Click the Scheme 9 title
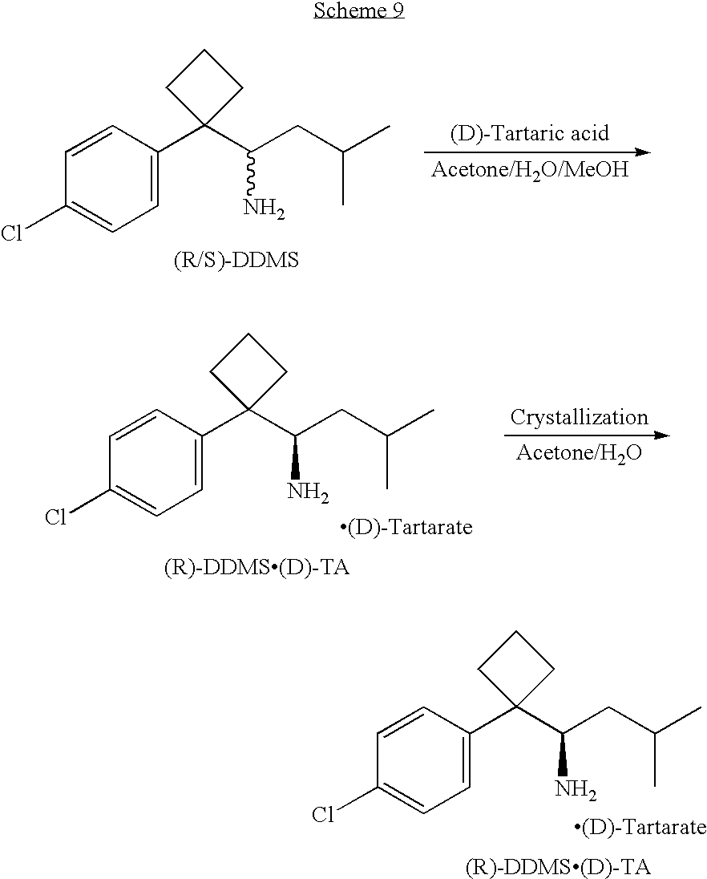point(358,10)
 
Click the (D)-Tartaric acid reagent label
point(529,133)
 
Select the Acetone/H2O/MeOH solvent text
point(530,169)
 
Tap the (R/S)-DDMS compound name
point(236,261)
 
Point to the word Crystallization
point(579,417)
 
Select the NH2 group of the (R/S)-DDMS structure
point(264,209)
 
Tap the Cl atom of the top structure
point(12,233)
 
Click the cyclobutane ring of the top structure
point(204,87)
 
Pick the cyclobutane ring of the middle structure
point(248,371)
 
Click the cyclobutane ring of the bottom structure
point(515,669)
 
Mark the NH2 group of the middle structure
point(308,492)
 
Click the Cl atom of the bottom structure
point(323,815)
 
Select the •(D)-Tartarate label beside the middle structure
point(406,528)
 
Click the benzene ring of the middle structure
point(156,463)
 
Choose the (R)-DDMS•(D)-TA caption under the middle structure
point(257,568)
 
